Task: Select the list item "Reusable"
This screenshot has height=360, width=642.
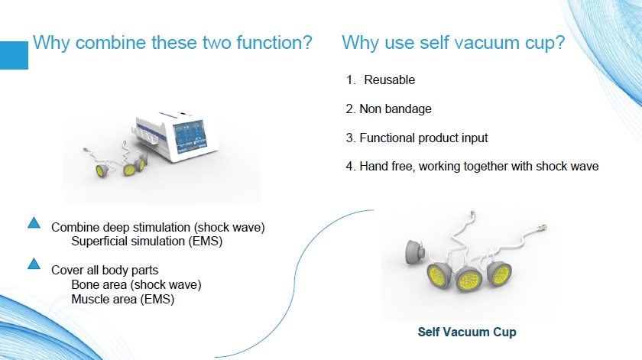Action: coord(389,79)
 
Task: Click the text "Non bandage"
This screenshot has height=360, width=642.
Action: coord(396,109)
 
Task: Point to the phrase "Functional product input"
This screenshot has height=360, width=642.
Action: coord(423,138)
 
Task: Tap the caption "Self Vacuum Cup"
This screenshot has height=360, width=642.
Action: coord(467,332)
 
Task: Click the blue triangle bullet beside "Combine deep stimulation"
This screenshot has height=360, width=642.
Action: coord(34,222)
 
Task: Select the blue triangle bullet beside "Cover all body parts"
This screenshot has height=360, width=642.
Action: coord(34,264)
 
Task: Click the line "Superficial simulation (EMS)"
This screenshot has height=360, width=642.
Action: coord(147,242)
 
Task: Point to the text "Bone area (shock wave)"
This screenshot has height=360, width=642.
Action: coord(136,284)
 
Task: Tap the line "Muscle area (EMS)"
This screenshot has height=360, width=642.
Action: coord(123,299)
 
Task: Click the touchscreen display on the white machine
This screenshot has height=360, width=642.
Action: coord(190,135)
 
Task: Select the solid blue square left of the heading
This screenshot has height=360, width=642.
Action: coord(14,55)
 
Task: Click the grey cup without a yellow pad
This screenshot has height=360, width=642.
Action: coord(415,252)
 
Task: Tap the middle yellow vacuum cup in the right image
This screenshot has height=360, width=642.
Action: coord(469,279)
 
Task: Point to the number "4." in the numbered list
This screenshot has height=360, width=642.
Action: coord(351,167)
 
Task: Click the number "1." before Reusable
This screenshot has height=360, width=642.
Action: coord(351,79)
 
